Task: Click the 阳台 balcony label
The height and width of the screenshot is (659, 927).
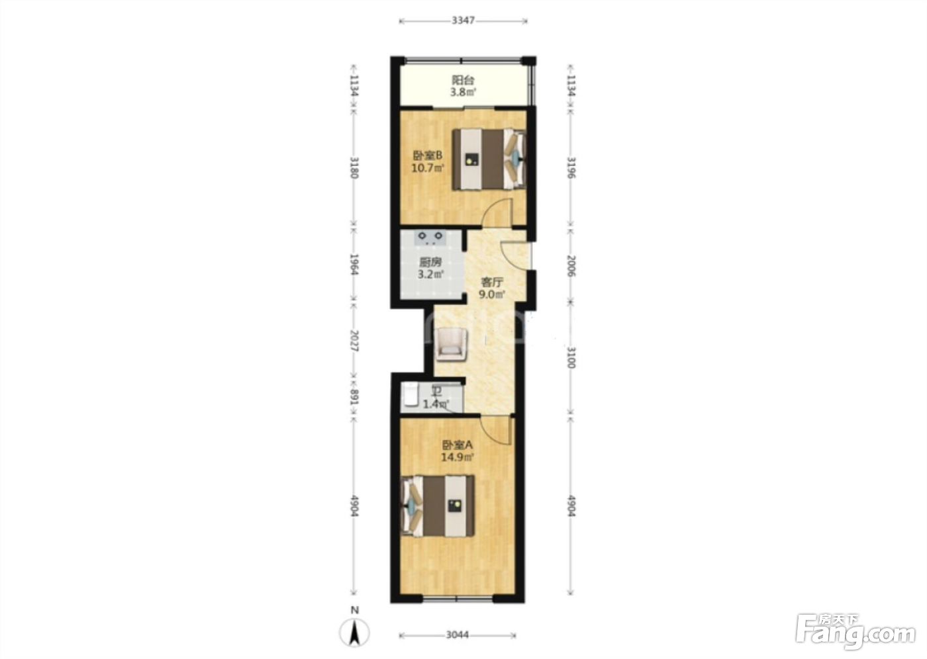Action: pos(463,80)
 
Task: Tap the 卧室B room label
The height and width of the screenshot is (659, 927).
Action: pos(428,155)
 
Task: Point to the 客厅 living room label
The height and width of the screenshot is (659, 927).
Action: pos(491,283)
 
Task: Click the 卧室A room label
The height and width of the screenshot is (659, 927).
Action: pos(458,445)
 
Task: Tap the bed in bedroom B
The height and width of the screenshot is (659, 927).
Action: pos(489,159)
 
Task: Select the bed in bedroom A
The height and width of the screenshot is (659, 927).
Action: pos(438,506)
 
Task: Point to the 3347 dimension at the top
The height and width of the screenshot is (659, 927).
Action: pos(463,21)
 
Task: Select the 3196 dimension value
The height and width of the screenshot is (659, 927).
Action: pos(571,167)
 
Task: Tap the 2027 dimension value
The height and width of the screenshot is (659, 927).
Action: pos(354,341)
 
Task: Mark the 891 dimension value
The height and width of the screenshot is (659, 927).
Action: pos(354,397)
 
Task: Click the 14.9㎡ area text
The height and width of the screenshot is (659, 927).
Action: pos(458,457)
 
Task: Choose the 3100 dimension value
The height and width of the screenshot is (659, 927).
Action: pos(571,358)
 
